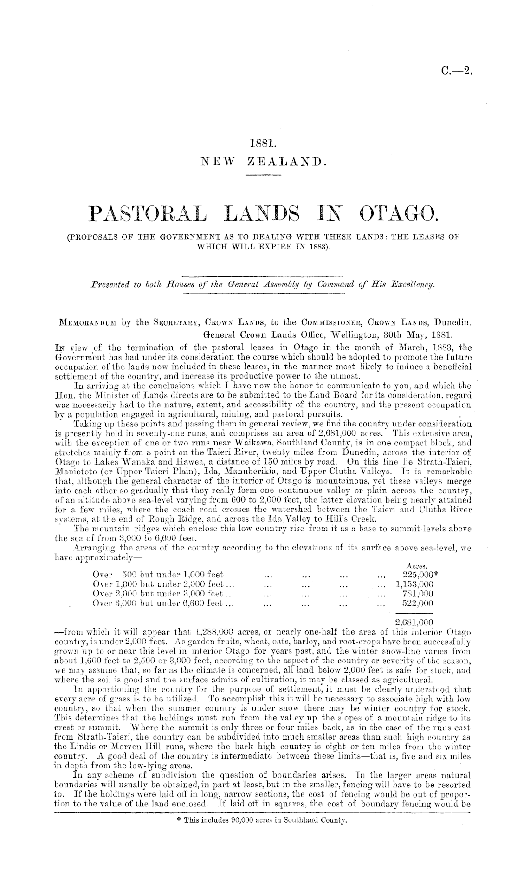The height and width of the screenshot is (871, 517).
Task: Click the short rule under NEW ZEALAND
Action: click(x=263, y=175)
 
